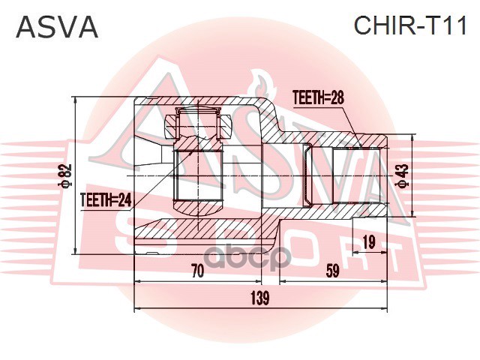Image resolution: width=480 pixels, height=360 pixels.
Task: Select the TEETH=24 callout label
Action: pos(105,199)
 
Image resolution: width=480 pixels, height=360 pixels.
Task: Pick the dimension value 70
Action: pos(197,272)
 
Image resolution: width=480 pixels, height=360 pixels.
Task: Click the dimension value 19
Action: pos(367,241)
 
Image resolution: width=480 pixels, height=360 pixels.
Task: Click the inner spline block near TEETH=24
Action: pos(199,176)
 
